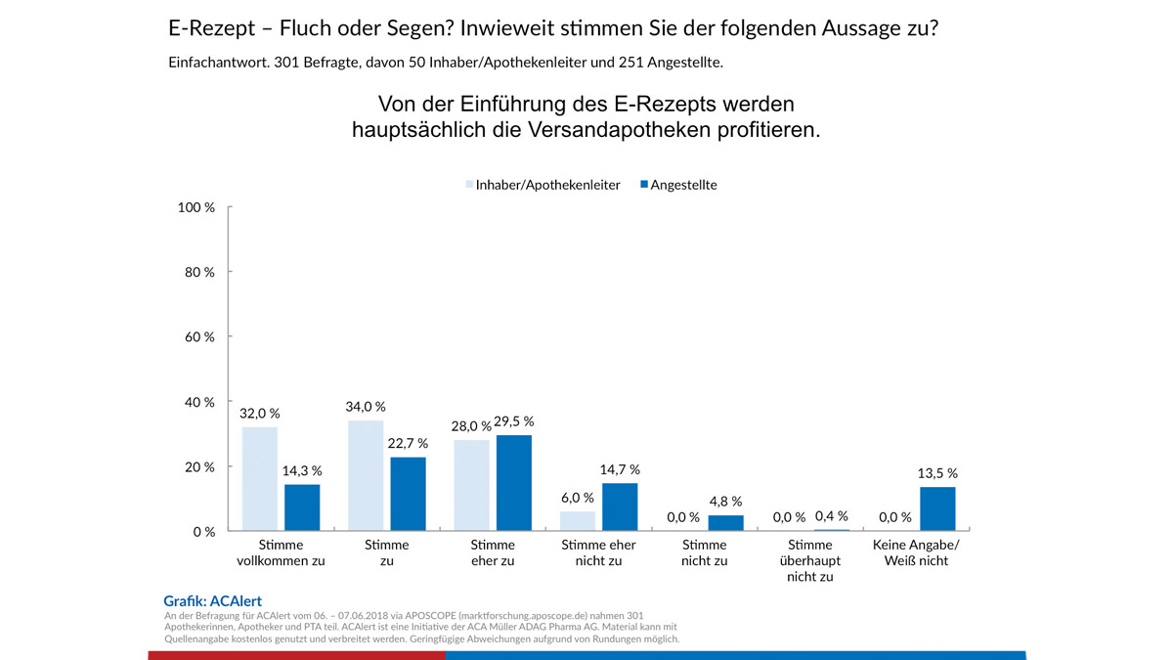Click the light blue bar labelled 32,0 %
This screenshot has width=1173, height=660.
259,479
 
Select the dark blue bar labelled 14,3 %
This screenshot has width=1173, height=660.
302,507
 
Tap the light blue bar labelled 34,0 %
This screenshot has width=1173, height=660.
366,476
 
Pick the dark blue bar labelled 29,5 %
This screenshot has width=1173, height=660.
515,483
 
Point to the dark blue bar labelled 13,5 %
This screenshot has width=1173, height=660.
937,508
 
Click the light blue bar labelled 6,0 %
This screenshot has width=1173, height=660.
578,521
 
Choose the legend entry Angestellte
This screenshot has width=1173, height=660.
683,185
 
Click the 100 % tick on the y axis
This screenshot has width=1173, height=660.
195,207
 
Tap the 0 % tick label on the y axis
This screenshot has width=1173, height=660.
203,532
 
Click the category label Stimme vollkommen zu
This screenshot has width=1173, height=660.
281,552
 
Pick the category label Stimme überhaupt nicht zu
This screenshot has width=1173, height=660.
810,560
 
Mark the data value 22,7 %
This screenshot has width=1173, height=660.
407,442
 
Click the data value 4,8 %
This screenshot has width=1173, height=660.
725,501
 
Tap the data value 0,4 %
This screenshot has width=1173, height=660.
831,516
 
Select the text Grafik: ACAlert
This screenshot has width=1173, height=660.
212,601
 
